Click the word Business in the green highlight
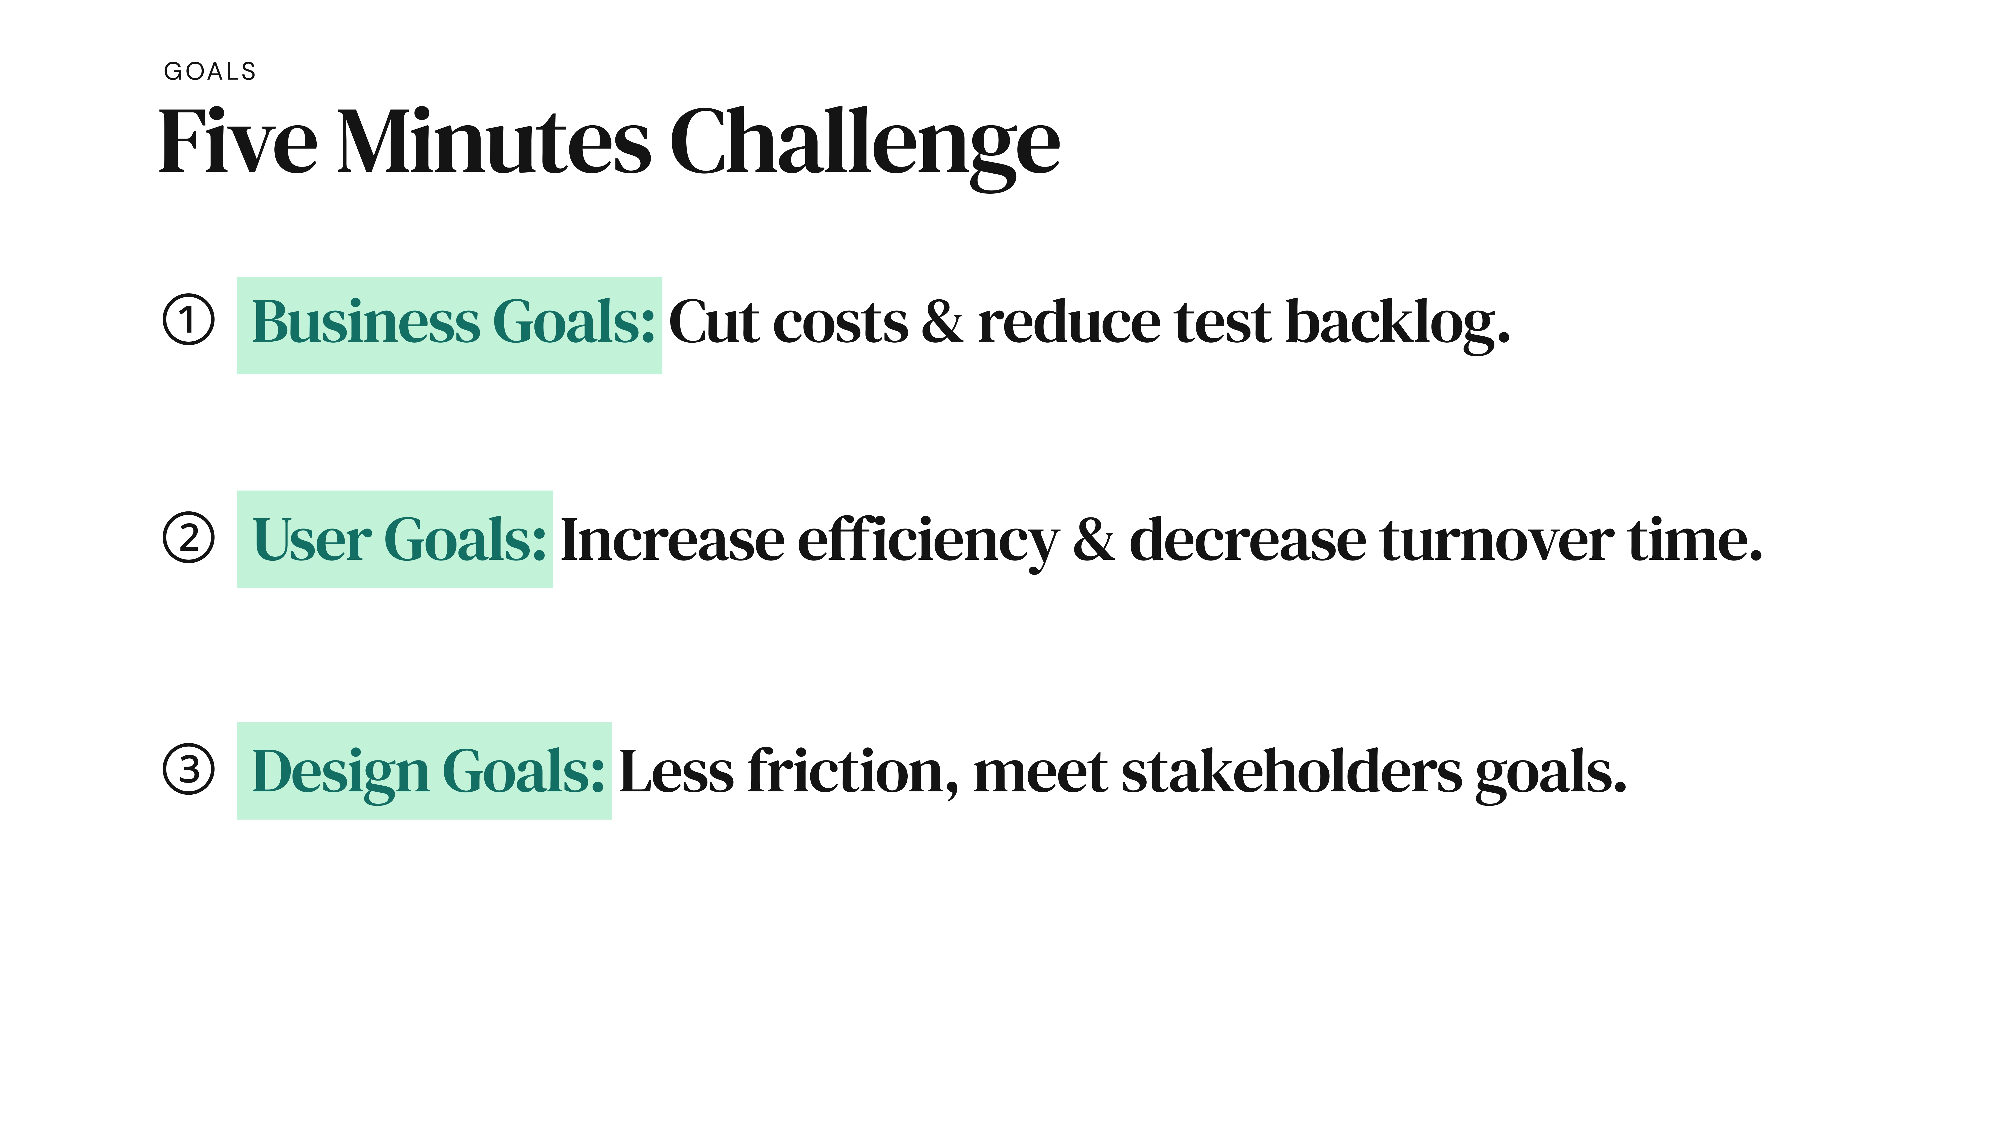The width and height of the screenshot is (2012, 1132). point(365,322)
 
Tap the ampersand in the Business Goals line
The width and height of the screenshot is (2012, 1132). point(942,322)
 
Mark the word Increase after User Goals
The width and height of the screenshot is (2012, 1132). point(673,540)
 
